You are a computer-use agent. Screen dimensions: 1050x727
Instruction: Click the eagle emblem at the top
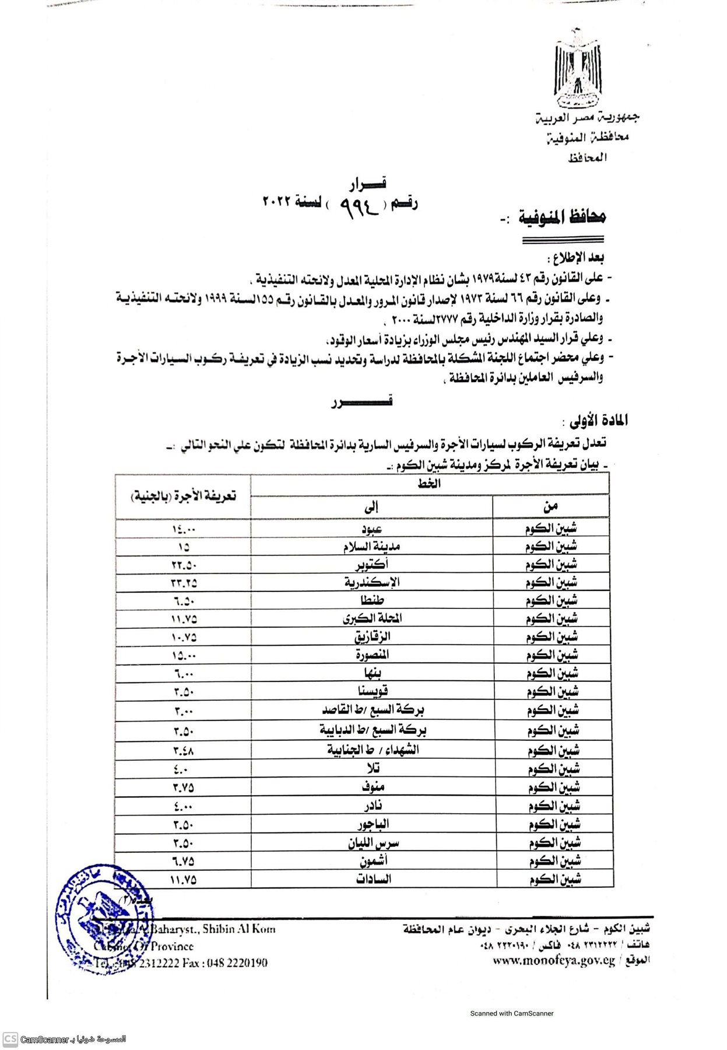577,67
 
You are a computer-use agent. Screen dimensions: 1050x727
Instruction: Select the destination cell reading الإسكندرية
372,582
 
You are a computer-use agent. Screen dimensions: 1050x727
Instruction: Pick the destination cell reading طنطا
372,600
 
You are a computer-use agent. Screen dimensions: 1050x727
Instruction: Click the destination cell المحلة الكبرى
372,618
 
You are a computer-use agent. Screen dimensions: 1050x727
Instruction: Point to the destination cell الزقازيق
372,636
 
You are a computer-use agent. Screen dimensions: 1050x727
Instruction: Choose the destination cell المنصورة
372,654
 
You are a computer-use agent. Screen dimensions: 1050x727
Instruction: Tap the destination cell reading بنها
372,673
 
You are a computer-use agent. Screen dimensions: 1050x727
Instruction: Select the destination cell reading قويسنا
372,691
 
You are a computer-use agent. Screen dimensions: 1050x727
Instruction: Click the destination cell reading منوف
372,787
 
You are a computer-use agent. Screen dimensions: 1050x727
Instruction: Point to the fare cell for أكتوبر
184,565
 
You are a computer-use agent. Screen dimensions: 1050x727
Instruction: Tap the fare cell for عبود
184,528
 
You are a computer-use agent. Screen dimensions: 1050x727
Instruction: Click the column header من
550,506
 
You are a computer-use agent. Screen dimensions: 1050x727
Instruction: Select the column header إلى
371,506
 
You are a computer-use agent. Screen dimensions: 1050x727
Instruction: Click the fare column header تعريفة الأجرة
183,496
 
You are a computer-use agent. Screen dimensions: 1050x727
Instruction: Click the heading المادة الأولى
595,421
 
